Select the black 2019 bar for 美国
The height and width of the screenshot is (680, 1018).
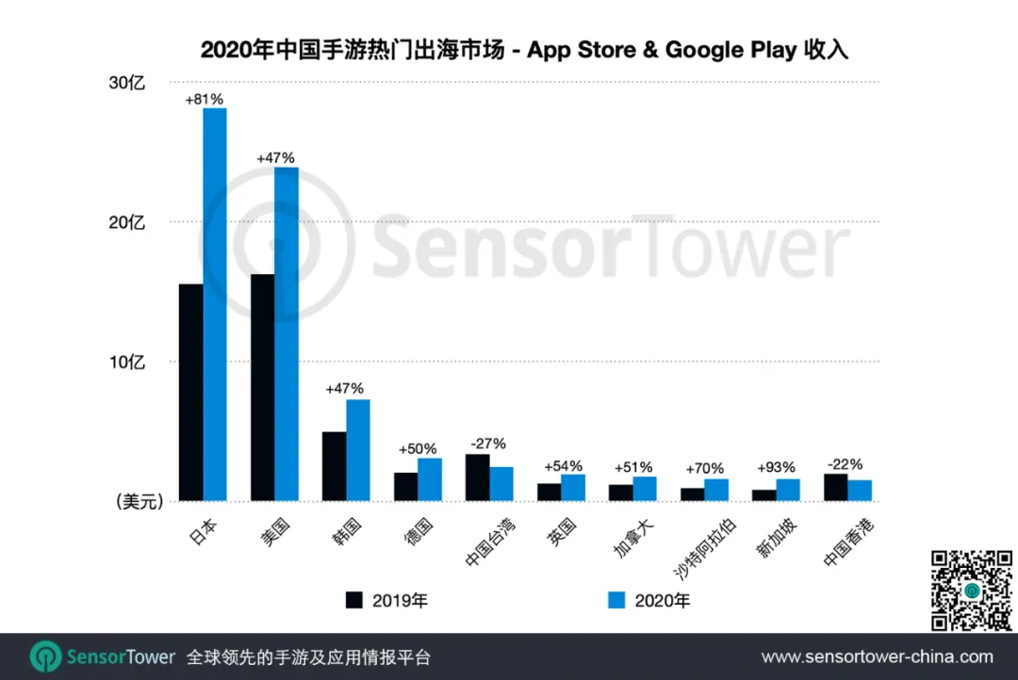(x=262, y=387)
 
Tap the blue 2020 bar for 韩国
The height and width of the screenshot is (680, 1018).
(x=357, y=450)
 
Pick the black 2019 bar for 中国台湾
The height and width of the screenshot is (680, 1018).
(x=477, y=478)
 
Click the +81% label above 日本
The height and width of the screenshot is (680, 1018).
(x=204, y=99)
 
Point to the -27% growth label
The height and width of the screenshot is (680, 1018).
(x=488, y=444)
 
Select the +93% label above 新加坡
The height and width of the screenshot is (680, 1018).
(x=776, y=467)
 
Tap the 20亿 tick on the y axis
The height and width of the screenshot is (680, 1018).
(x=127, y=222)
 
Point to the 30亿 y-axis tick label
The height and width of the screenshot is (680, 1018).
(x=127, y=83)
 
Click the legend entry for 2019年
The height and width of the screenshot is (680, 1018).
(x=386, y=600)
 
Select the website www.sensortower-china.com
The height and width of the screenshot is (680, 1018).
(x=877, y=656)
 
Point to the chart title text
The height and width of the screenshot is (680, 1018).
(x=524, y=49)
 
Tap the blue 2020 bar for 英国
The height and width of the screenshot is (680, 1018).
(x=573, y=488)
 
